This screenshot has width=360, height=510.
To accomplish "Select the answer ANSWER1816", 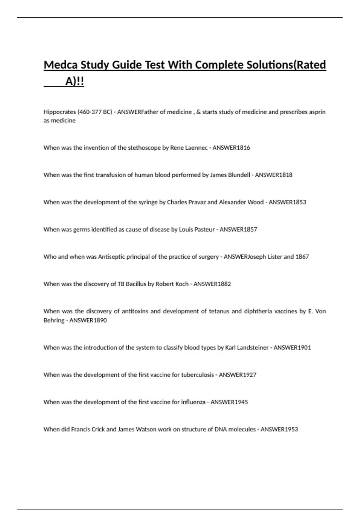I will pos(231,148).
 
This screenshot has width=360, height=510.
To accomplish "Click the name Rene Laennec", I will pos(189,148).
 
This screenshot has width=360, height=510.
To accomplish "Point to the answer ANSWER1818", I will pos(273,175).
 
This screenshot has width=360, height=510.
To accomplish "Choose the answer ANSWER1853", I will pos(287,202).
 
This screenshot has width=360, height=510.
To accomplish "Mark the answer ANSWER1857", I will pos(238,229).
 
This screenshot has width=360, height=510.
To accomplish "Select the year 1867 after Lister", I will pos(302,257).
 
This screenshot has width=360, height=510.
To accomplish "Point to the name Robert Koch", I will pos(172,284).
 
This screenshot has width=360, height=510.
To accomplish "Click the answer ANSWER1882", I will pos(212,284).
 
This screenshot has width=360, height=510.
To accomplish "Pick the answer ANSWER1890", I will pos(88,320).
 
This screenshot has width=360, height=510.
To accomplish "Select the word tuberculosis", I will pos(197,375).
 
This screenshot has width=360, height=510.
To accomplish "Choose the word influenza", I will pos(193,402).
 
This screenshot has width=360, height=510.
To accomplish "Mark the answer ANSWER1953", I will pos(279,430).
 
